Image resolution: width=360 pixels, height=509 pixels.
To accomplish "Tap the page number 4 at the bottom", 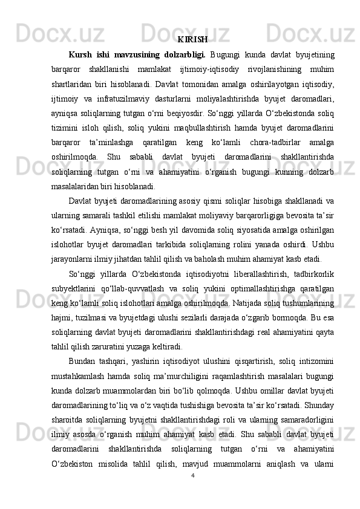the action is (x=192, y=475).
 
